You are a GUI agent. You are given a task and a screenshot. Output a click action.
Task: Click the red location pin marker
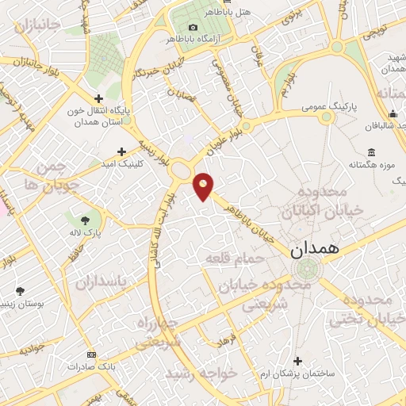tap(204, 186)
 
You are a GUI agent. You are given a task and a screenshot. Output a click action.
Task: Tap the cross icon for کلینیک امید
tap(121, 151)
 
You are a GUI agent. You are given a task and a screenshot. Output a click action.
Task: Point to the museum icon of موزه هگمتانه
tap(370, 152)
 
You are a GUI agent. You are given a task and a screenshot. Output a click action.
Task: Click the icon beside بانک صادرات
tap(91, 354)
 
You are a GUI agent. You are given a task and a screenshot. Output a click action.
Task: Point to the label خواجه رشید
tap(194, 373)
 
